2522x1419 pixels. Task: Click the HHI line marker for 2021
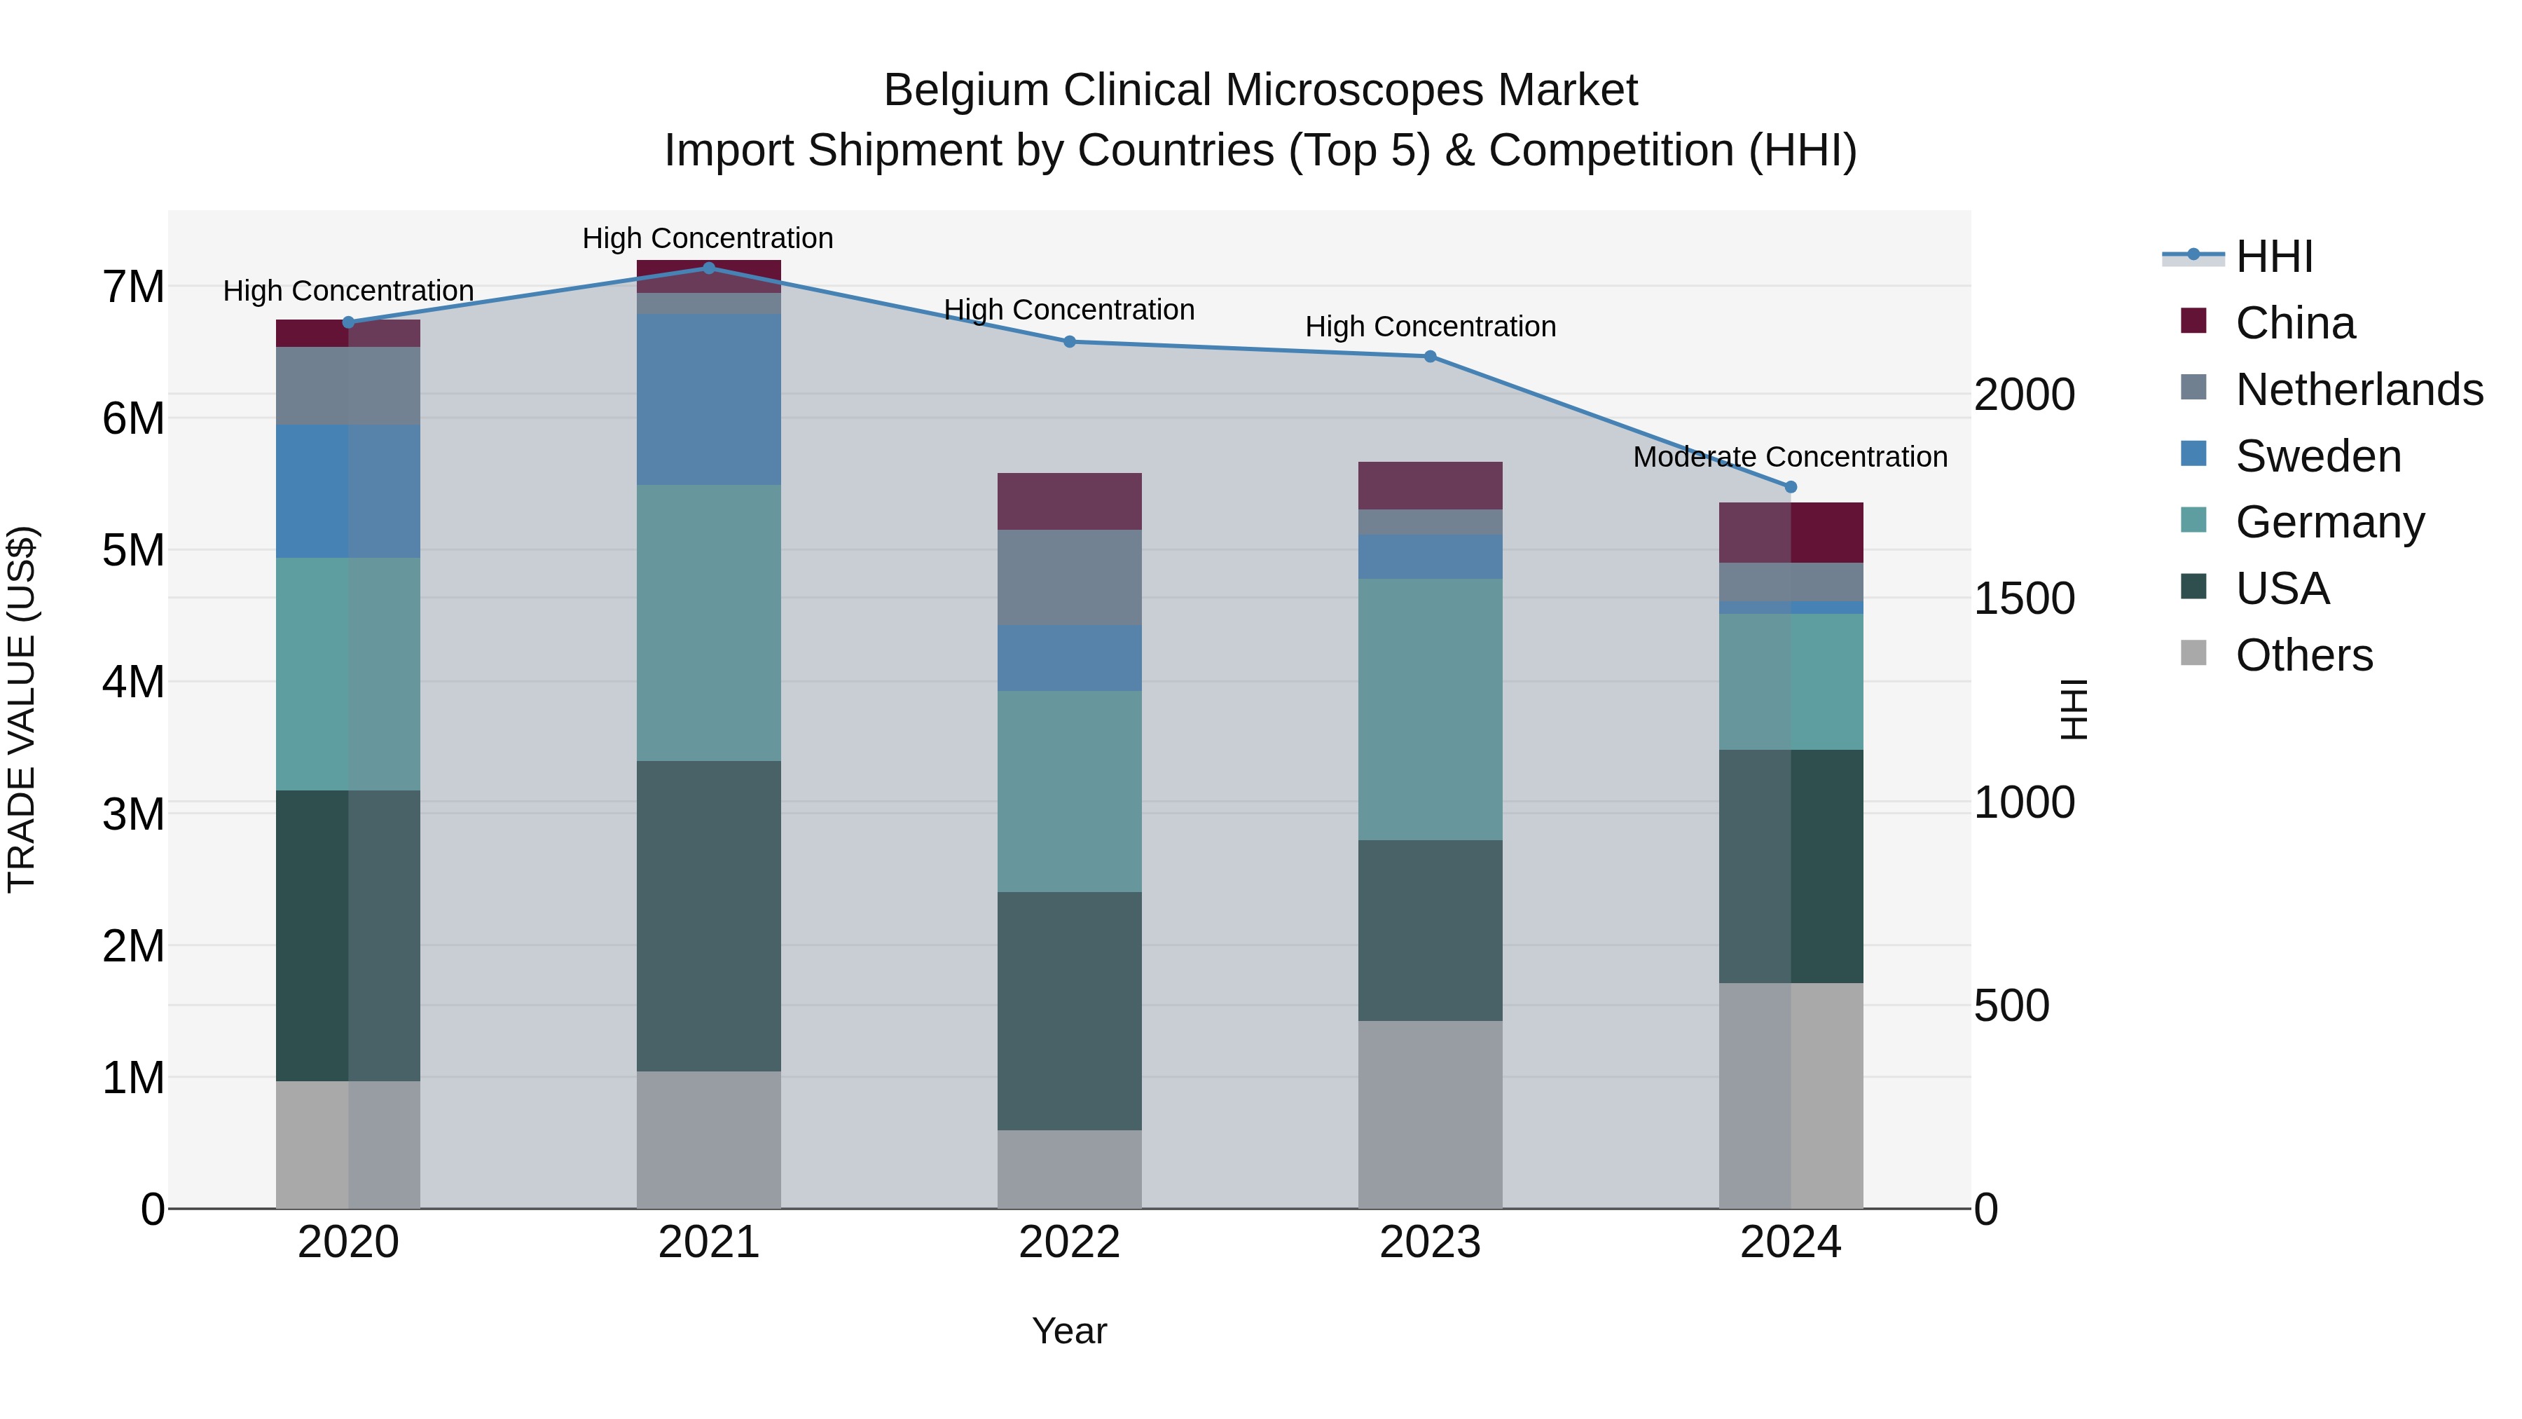(709, 268)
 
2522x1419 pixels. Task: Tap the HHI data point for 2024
(1791, 487)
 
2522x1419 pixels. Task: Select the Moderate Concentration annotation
(1790, 458)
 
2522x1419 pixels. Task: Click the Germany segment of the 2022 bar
(1069, 791)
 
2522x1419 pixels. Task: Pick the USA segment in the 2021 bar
(709, 916)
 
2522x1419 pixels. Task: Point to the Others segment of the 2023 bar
(1429, 1114)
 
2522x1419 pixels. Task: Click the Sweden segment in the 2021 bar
(709, 399)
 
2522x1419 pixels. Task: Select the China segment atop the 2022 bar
(1069, 502)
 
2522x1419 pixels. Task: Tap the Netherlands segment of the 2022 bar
(1069, 578)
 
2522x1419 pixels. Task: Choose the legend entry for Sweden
(2317, 456)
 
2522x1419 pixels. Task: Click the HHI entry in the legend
(2273, 256)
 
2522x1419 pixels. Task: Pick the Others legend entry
(2303, 655)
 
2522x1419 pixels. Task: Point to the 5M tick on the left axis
(133, 550)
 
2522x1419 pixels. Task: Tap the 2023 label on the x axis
(1429, 1242)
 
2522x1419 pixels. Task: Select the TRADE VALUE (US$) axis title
(22, 709)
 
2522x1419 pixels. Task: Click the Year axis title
(1069, 1331)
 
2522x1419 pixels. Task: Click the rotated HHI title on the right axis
(2074, 709)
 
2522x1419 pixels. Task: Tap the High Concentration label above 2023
(1429, 327)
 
